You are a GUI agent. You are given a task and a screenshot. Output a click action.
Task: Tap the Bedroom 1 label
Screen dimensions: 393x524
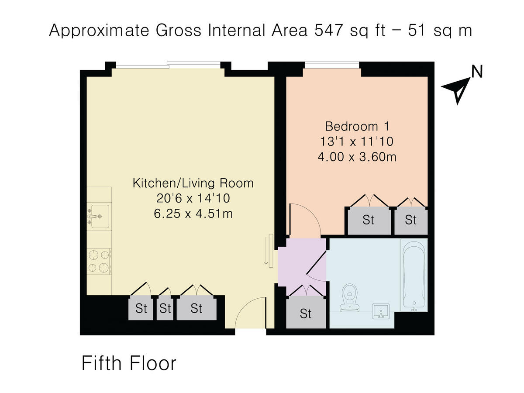click(x=357, y=127)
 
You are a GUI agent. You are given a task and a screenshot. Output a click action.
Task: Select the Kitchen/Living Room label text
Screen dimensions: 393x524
click(x=193, y=183)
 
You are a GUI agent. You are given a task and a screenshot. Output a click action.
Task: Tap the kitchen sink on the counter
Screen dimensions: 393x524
click(x=97, y=216)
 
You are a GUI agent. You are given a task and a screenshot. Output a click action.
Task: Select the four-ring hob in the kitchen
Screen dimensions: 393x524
click(x=99, y=261)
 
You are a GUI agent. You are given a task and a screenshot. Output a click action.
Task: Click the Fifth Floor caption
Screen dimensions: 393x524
click(x=129, y=363)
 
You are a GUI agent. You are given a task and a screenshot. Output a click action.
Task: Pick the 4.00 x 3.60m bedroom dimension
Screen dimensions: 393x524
click(x=357, y=156)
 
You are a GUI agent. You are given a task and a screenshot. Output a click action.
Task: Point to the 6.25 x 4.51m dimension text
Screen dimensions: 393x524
click(x=193, y=214)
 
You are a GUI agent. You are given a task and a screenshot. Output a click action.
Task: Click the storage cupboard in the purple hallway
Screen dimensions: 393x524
click(x=306, y=313)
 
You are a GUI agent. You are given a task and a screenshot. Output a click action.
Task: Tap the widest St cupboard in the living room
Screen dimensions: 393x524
click(x=196, y=308)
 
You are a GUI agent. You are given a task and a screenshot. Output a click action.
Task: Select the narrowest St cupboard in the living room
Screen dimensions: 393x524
click(x=165, y=308)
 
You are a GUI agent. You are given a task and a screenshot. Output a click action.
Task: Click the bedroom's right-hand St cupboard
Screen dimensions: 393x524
click(x=410, y=220)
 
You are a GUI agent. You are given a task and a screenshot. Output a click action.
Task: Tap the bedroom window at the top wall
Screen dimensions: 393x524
click(x=332, y=65)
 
